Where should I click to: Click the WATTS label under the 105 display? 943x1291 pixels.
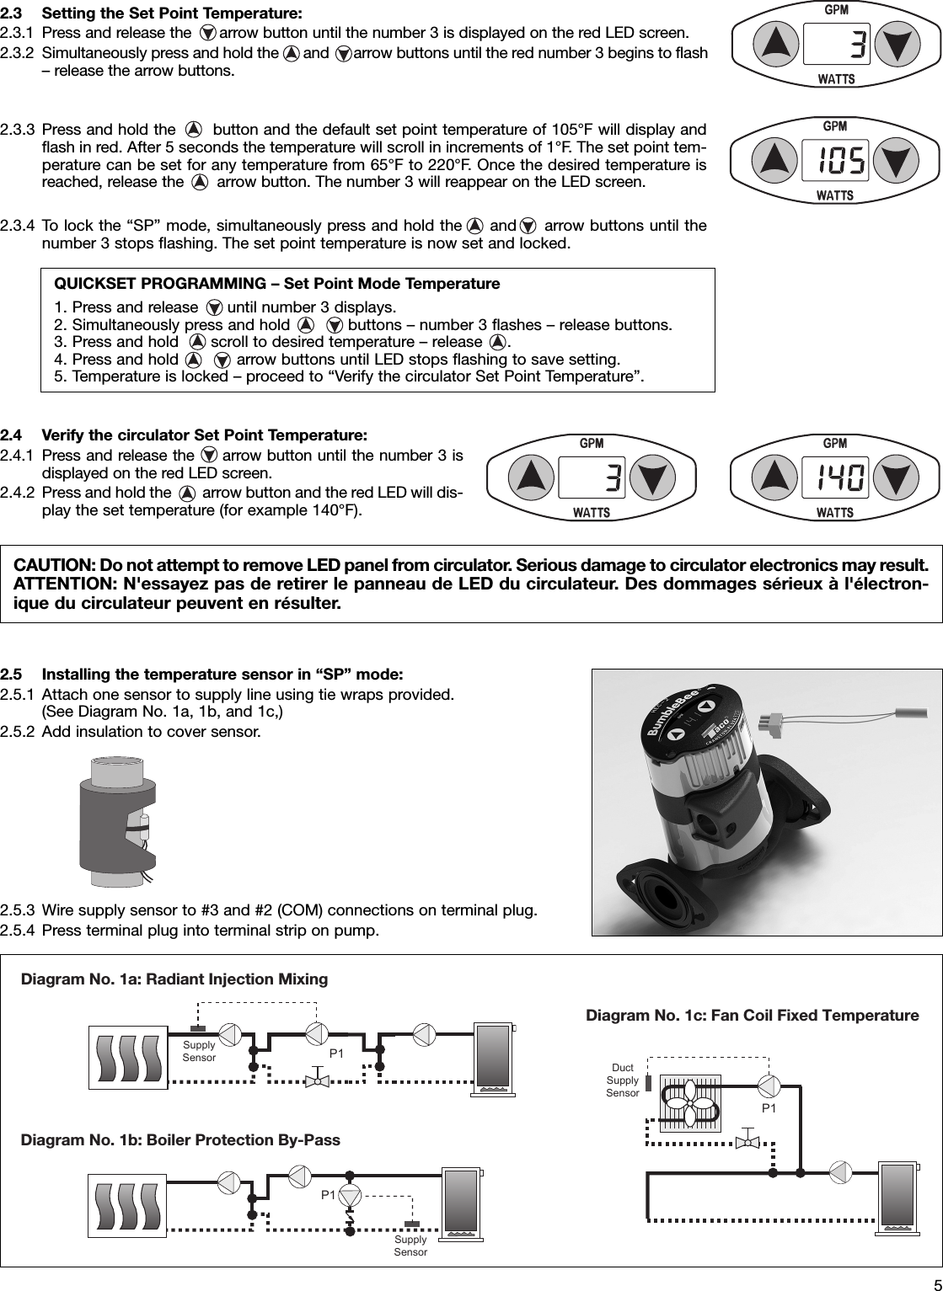tap(835, 195)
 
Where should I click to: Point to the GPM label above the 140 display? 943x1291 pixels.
tap(835, 443)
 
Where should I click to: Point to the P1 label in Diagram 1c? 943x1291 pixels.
tap(769, 1108)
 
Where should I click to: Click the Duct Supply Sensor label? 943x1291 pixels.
tap(623, 1080)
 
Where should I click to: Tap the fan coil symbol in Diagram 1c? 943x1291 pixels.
tap(690, 1102)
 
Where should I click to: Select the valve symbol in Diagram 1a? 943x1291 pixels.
tap(318, 1080)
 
